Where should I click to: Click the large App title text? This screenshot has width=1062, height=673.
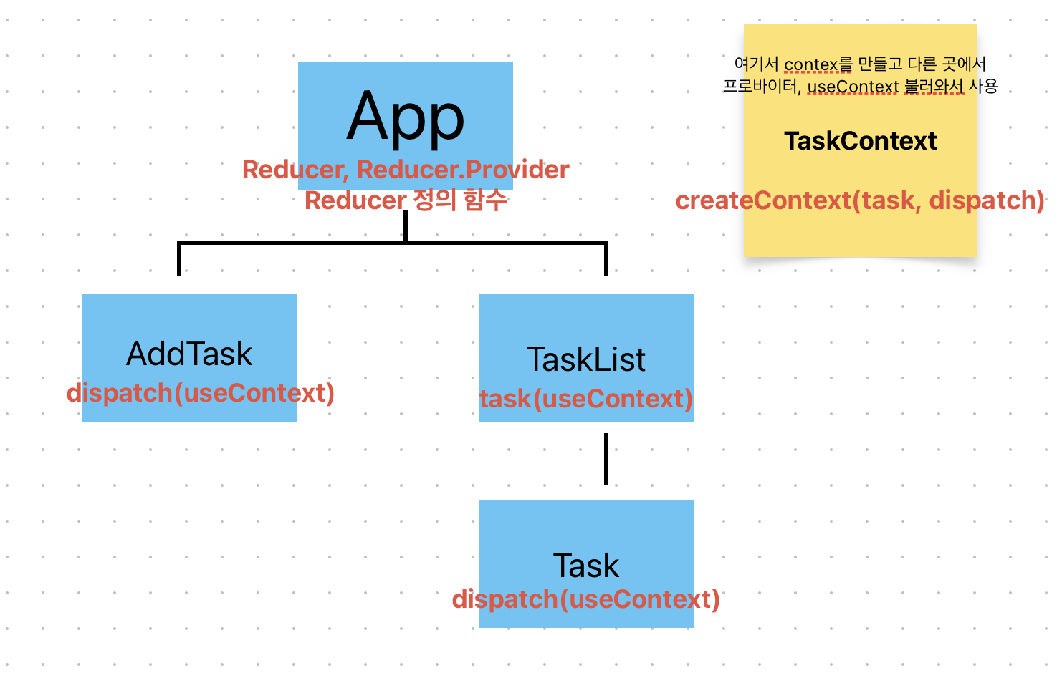click(x=406, y=117)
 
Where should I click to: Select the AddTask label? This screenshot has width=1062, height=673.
click(x=189, y=354)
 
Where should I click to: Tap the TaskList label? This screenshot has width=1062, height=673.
click(x=586, y=359)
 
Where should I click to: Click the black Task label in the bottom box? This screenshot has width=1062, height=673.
click(x=586, y=566)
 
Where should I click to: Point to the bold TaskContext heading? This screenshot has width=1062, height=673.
click(x=860, y=141)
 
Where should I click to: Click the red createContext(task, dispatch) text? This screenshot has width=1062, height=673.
click(x=860, y=200)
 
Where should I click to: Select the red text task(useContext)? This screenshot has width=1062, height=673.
click(x=586, y=399)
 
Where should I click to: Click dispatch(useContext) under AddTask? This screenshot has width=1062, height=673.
click(x=201, y=393)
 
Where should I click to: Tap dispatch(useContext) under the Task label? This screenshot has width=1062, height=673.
click(x=586, y=599)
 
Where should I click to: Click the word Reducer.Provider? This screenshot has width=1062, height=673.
click(x=463, y=170)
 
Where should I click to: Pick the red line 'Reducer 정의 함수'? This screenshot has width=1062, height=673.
click(x=406, y=200)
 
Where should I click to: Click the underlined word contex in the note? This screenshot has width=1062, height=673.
click(x=810, y=64)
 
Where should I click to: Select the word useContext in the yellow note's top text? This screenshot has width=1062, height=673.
click(x=853, y=87)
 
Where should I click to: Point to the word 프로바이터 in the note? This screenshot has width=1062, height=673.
click(x=761, y=87)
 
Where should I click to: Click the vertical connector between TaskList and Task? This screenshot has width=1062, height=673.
click(x=606, y=459)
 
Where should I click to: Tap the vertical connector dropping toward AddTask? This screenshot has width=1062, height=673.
click(x=179, y=259)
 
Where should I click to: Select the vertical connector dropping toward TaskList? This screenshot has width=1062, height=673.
click(x=606, y=259)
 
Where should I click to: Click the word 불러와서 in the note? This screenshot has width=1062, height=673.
click(x=934, y=87)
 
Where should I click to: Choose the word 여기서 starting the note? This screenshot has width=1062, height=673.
click(x=756, y=64)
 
